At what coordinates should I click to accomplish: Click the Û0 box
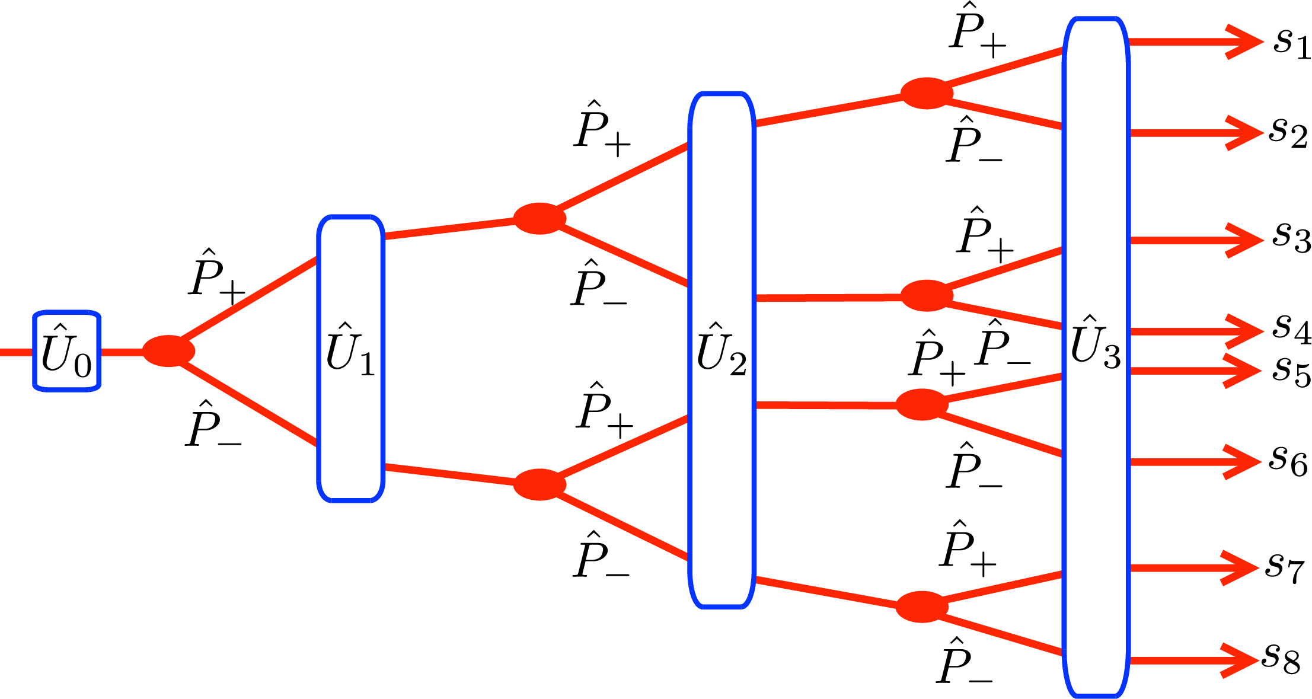(x=66, y=350)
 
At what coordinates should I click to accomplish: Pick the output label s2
(x=1289, y=133)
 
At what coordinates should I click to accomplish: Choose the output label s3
(x=1291, y=237)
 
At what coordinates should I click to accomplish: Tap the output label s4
(x=1291, y=328)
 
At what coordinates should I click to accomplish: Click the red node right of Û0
(x=168, y=351)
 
